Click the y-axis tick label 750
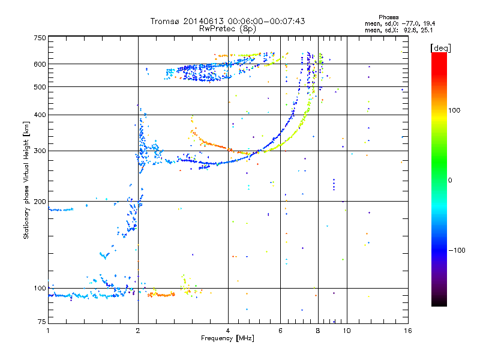(x=40, y=37)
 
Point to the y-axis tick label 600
(x=40, y=64)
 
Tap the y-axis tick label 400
(x=40, y=115)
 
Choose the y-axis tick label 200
(x=40, y=202)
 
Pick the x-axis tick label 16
(x=407, y=331)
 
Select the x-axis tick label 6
(x=281, y=331)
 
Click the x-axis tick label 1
(x=48, y=331)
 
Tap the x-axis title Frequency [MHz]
(x=228, y=338)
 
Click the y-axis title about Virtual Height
(x=26, y=180)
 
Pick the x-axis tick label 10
(x=347, y=331)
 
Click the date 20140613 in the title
(x=210, y=21)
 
